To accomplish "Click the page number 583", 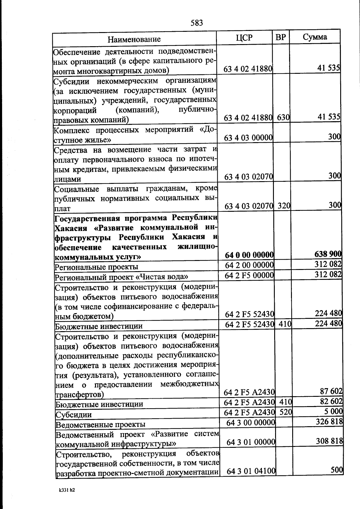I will tap(197, 23).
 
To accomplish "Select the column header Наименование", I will tap(134, 39).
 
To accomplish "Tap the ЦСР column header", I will tap(244, 37).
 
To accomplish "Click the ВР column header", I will tap(281, 37).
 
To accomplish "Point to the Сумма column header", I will tap(315, 37).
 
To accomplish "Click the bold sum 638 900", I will tap(328, 254).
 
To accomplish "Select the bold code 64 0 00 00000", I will tap(249, 255).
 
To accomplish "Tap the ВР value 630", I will tap(283, 118).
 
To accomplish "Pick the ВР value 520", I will tap(286, 412).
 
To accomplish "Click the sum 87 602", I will tap(331, 391).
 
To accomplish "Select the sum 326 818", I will tap(329, 422).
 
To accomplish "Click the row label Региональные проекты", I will tap(96, 267).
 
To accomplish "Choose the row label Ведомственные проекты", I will tap(100, 424).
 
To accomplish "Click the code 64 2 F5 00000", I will tap(249, 275).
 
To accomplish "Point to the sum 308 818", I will tap(329, 441).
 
